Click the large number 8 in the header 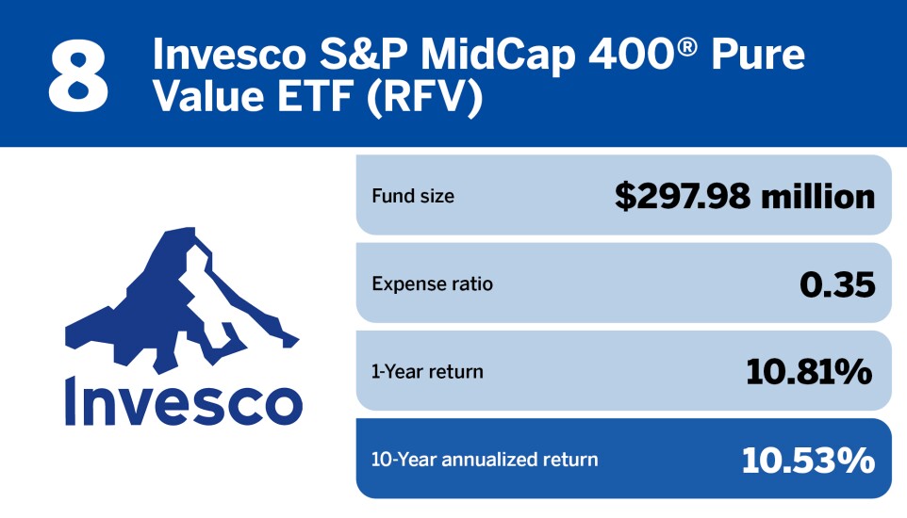click(79, 74)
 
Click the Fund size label click(413, 196)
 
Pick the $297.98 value click(682, 196)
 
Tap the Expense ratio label click(432, 283)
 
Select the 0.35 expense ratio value click(836, 283)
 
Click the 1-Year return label click(427, 371)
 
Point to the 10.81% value click(809, 371)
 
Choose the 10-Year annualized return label click(485, 460)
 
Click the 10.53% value click(807, 460)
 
